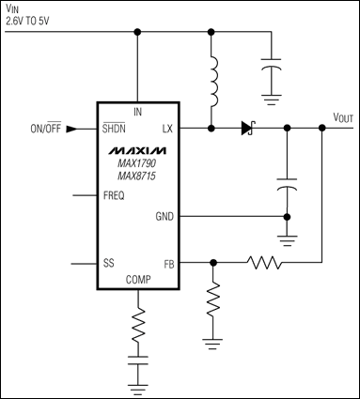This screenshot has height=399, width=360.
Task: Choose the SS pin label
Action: tap(109, 264)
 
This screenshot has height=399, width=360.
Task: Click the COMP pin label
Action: tap(138, 279)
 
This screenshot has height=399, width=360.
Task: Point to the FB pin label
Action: tap(167, 264)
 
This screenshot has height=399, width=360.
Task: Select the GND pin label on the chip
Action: tap(164, 216)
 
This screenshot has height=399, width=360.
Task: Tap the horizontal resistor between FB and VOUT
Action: tap(265, 264)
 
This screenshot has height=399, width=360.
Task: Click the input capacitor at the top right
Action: tap(273, 70)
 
